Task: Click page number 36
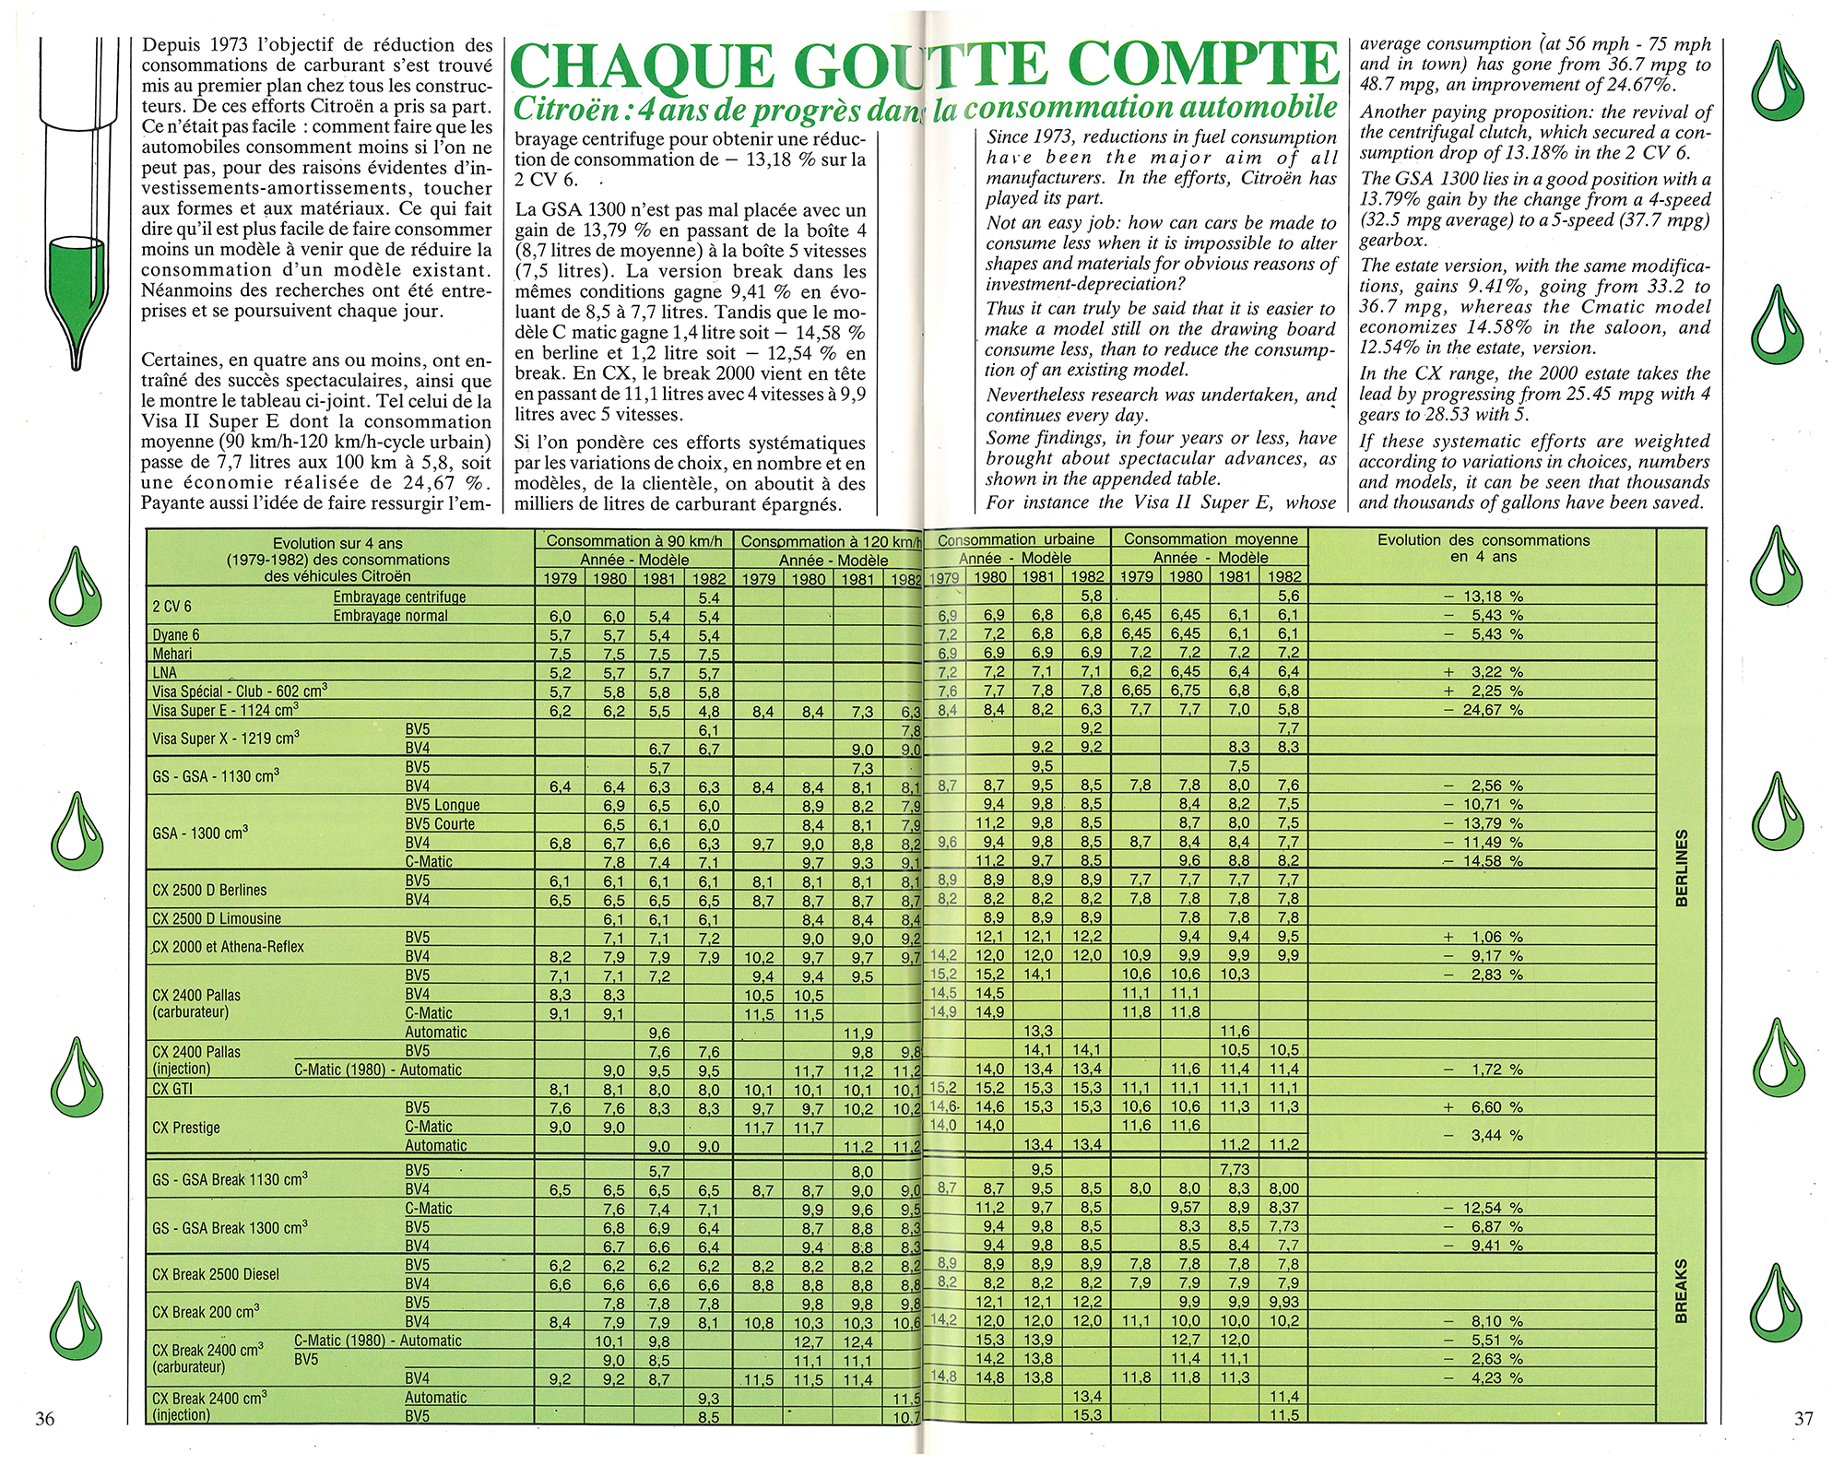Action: [44, 1418]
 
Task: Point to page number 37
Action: [1803, 1418]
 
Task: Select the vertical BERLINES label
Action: [1680, 868]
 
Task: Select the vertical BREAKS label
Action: [1680, 1291]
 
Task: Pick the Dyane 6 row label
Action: [175, 635]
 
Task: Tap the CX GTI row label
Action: [172, 1089]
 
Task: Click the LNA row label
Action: [165, 673]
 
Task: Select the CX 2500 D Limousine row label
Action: [216, 918]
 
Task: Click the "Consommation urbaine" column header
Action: [1015, 539]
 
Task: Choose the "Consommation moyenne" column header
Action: [1211, 539]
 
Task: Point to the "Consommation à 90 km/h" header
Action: [633, 541]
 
